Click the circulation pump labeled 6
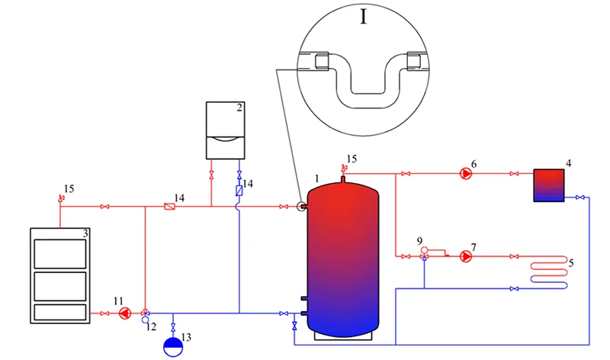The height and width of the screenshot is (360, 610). [466, 174]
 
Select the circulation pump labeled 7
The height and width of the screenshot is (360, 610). [466, 256]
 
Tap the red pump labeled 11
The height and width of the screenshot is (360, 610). [125, 313]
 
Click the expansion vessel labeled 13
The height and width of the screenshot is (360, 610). [173, 347]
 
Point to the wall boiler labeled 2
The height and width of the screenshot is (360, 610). [225, 130]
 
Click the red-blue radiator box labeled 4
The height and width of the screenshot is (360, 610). [548, 185]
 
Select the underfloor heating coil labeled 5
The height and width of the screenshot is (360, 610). [548, 272]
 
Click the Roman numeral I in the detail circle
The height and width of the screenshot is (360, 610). [364, 17]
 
